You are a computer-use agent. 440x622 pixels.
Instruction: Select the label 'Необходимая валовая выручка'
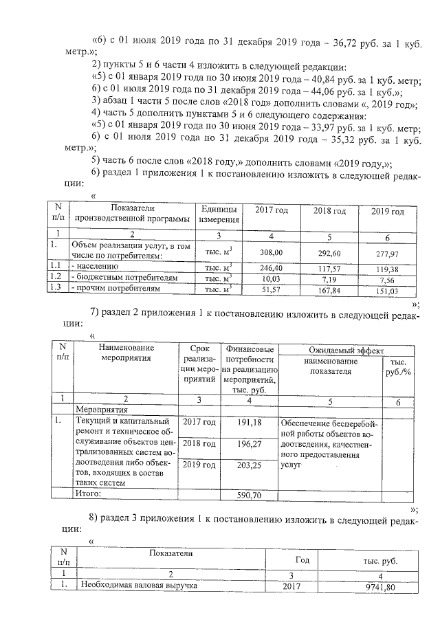pos(138,587)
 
